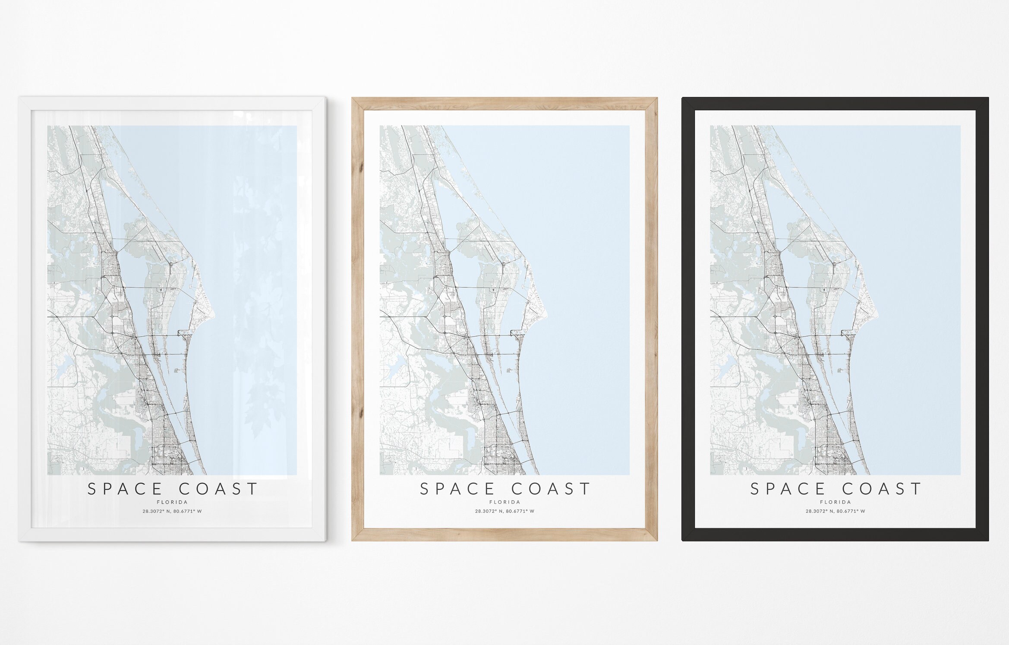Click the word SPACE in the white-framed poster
(x=125, y=489)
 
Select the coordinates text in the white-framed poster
(x=172, y=512)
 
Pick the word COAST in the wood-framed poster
(x=551, y=489)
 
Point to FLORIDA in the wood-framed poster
(x=504, y=502)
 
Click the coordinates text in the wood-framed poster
(x=504, y=512)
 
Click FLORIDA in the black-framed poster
(x=835, y=502)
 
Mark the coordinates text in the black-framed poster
(x=835, y=512)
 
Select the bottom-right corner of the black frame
(x=987, y=540)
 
